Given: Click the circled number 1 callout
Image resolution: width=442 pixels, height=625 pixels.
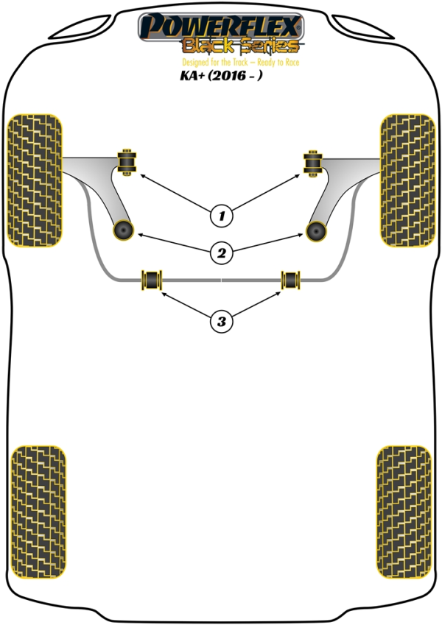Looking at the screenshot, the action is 222,216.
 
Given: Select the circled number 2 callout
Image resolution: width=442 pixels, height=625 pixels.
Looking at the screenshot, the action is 222,253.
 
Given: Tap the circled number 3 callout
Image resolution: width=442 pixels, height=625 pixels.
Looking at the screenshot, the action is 222,321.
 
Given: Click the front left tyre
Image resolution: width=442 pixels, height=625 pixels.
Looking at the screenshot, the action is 35,180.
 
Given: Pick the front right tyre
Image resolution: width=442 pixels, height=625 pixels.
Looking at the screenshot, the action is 407,180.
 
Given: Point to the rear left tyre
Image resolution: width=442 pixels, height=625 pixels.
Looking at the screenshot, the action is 38,512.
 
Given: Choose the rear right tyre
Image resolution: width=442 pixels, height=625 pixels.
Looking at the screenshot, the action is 404,512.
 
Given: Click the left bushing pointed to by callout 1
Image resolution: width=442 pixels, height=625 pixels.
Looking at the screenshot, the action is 127,162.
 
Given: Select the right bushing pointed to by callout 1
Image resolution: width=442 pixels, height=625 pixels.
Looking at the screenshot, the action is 313,163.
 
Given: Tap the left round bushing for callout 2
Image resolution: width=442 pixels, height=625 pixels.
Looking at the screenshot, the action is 123,230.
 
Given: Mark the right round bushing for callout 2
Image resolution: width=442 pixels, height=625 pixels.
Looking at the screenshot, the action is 316,231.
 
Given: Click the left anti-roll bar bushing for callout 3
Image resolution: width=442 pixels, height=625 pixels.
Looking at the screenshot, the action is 152,280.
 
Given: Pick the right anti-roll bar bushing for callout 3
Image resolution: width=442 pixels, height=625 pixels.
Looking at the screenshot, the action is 290,280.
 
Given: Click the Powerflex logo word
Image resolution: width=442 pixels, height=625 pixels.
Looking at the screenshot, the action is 221,26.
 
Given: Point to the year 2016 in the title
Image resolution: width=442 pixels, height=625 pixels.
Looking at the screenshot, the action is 230,75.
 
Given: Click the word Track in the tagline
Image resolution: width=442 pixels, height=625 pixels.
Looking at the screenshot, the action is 240,62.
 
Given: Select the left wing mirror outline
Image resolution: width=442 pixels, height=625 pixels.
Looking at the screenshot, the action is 80,27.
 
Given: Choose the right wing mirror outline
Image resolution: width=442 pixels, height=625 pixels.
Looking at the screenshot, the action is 363,27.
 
